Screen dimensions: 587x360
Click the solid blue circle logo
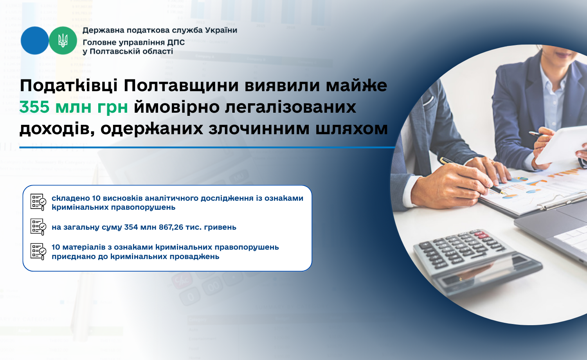(34, 41)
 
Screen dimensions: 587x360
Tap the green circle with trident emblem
(63, 41)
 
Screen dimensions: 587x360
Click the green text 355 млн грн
(74, 107)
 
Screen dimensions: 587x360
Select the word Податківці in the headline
(68, 86)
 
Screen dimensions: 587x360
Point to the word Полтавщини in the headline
(181, 86)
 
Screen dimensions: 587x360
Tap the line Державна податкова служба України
(160, 31)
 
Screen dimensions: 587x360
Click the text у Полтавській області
(128, 51)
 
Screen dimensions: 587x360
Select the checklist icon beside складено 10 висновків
(38, 202)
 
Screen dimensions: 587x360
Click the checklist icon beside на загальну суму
(38, 227)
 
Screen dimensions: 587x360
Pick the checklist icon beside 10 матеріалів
(38, 252)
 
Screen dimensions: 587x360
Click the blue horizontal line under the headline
(207, 148)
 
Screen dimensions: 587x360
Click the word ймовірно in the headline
(176, 107)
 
